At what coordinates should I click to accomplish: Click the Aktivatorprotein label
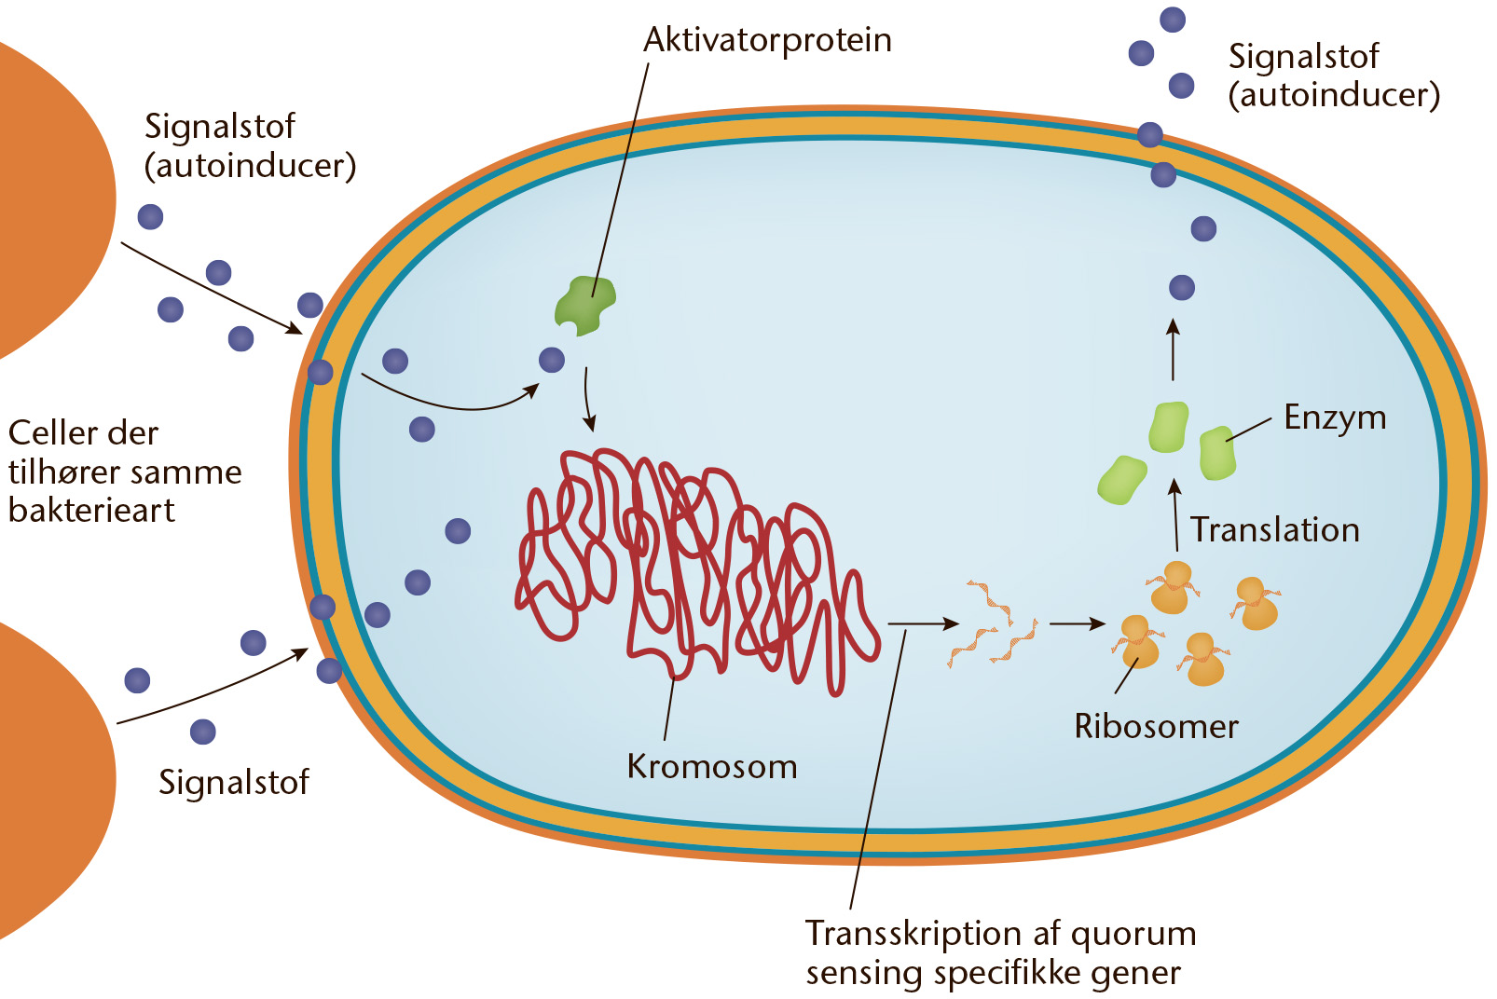[767, 40]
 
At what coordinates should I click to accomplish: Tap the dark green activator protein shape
[584, 306]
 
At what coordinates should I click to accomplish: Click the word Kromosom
[712, 766]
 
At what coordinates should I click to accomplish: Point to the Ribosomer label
[1156, 726]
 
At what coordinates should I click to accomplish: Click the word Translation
[1275, 530]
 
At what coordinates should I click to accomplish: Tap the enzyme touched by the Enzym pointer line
[1217, 453]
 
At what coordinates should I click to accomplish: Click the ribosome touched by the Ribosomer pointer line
[1139, 641]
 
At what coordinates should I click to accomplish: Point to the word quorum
[1133, 934]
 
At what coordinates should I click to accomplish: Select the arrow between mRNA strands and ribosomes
[1078, 624]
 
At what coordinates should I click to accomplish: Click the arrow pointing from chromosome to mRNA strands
[924, 624]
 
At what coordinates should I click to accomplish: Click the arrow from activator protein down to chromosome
[587, 399]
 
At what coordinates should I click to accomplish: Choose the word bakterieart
[91, 512]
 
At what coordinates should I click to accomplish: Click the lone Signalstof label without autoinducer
[234, 782]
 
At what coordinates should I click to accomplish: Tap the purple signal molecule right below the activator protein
[552, 360]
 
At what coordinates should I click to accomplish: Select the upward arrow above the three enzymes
[1173, 349]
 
